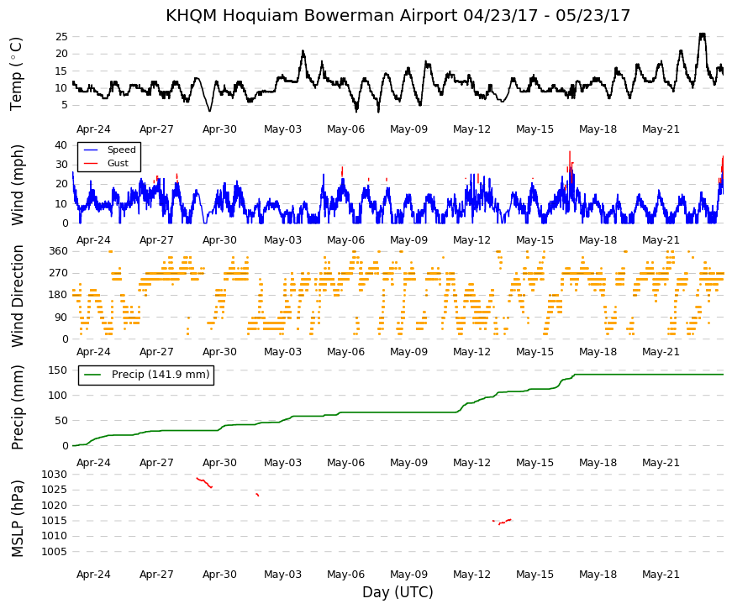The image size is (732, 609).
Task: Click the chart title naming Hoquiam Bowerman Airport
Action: click(x=398, y=15)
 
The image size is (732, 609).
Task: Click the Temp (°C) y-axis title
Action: click(x=16, y=74)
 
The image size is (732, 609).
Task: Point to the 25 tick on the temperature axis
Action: click(x=61, y=36)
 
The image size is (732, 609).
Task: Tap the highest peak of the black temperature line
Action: click(x=702, y=34)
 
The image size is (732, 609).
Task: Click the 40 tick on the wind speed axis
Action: click(x=61, y=144)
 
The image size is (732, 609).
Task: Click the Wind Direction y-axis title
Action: click(x=18, y=297)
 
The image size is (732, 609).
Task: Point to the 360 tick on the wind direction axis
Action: click(x=58, y=251)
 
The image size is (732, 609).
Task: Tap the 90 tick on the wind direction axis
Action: click(x=61, y=318)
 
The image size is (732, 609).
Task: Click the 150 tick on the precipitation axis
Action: click(x=58, y=370)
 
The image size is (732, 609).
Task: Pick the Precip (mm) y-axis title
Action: click(x=18, y=407)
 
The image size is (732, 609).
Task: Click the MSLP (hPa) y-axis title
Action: click(x=18, y=518)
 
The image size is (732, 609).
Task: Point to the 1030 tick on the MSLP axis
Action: click(x=54, y=475)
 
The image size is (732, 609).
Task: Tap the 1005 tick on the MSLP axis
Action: click(x=54, y=552)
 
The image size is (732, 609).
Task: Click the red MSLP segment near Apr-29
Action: click(x=204, y=482)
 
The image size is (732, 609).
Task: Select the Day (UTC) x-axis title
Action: click(x=398, y=592)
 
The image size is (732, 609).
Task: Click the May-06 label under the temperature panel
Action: click(x=346, y=129)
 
